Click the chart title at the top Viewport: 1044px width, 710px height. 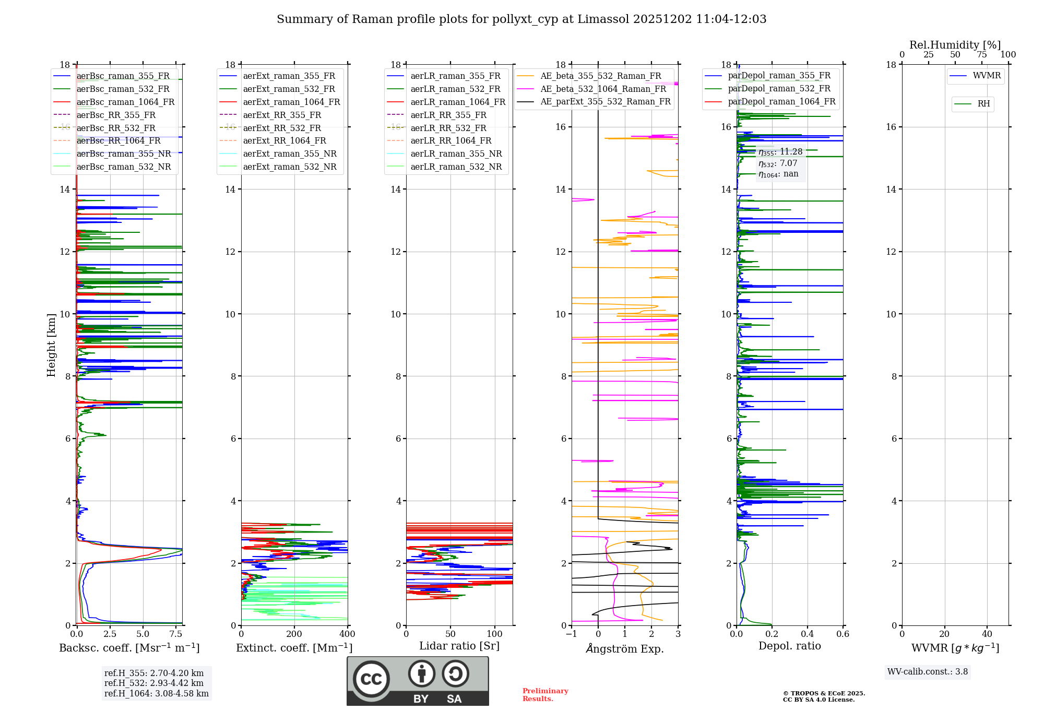point(521,19)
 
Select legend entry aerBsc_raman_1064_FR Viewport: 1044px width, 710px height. point(125,102)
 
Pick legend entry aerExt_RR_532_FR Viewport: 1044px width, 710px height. point(282,128)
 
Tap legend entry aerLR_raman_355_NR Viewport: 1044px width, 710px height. point(456,154)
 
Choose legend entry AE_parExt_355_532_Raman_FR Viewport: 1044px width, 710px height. point(605,102)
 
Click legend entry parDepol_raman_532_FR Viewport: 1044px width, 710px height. point(779,89)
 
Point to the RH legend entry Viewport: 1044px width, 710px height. point(983,104)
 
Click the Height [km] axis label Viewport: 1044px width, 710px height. point(51,345)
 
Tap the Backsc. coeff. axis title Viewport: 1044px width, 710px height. point(129,648)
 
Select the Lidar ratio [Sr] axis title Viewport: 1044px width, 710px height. point(459,646)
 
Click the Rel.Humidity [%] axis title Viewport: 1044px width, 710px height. point(955,45)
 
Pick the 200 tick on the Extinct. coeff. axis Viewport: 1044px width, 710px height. point(294,634)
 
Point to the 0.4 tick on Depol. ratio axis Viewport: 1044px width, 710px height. point(808,634)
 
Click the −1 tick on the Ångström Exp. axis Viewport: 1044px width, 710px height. point(572,634)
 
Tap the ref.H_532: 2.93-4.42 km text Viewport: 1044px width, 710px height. point(154,683)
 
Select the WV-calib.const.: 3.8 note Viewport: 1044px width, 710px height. point(928,672)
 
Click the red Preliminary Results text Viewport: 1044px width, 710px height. point(545,695)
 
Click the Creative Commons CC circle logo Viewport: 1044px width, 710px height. point(371,679)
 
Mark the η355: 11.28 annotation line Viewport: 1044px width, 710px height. point(780,152)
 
